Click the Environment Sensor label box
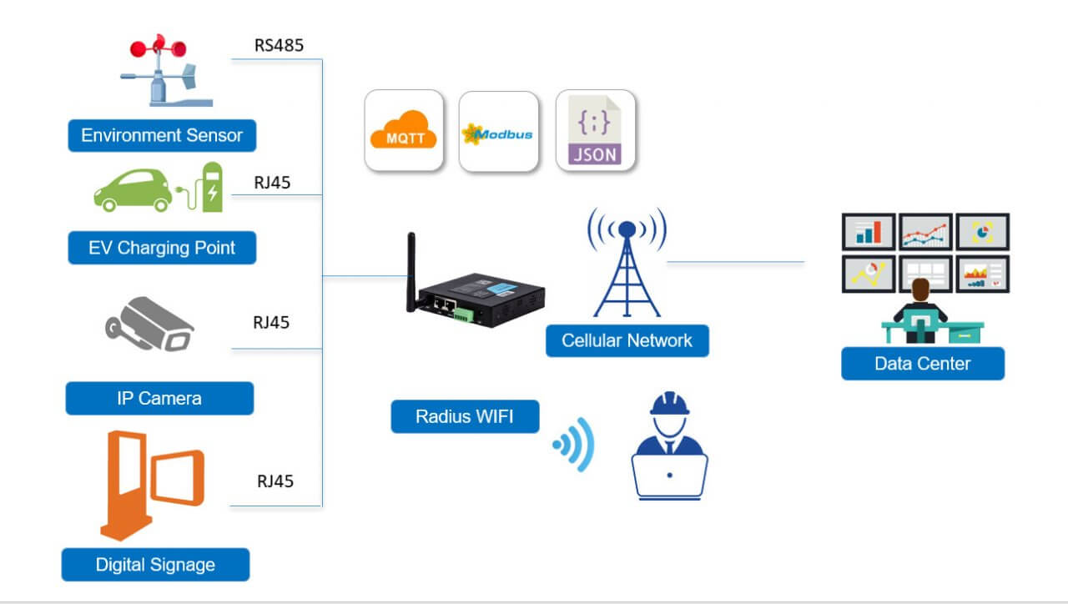click(x=161, y=135)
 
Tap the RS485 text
click(x=279, y=45)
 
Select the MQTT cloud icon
click(x=403, y=131)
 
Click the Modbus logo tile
click(x=498, y=133)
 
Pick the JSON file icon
click(x=595, y=131)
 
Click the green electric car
click(x=132, y=190)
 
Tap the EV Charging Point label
click(x=162, y=248)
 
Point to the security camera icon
click(x=150, y=325)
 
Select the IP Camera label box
click(x=159, y=398)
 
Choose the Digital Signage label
click(x=155, y=565)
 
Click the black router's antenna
click(x=411, y=271)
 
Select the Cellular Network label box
click(x=627, y=340)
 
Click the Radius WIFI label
click(x=465, y=416)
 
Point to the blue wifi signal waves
click(x=575, y=444)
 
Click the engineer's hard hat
click(x=670, y=404)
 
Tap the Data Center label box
click(x=922, y=364)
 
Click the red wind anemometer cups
click(x=158, y=48)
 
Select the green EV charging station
click(x=211, y=187)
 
